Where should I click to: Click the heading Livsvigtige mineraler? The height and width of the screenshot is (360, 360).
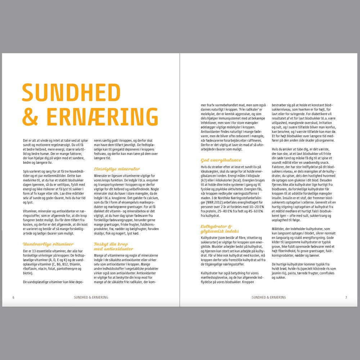coord(117,169)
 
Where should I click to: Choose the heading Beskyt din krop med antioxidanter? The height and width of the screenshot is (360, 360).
coord(113,246)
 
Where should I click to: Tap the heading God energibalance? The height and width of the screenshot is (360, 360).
coord(221,160)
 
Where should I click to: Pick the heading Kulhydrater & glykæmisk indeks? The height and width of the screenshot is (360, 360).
coord(220,229)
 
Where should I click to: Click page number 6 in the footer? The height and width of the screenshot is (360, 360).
coord(13,297)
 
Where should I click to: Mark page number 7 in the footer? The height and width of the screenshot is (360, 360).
coord(346,297)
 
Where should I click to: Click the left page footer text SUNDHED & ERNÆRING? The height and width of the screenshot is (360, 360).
coord(91,297)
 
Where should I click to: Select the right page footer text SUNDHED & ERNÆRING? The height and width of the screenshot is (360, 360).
coord(269,297)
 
